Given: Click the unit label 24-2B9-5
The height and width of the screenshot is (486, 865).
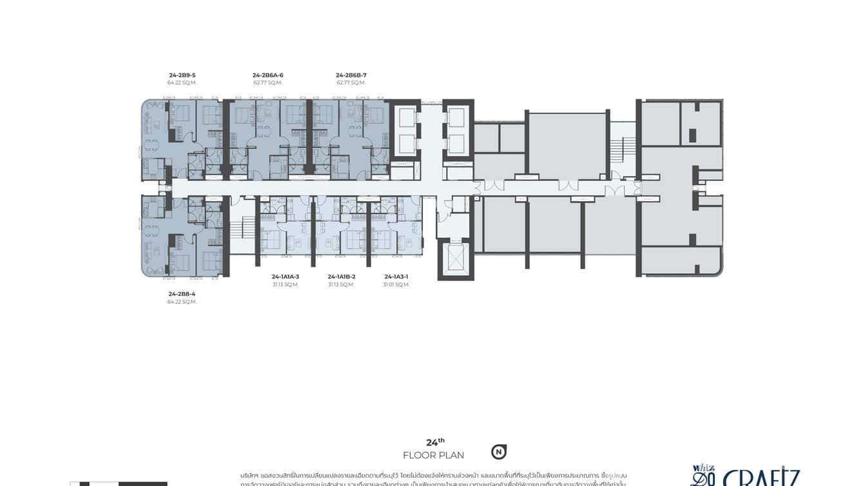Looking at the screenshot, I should click(x=182, y=75).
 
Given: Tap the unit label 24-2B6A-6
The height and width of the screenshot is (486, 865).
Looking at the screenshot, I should click(x=267, y=75).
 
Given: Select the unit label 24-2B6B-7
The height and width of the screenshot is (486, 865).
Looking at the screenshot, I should click(x=351, y=75).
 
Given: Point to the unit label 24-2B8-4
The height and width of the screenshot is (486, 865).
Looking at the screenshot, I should click(x=182, y=294).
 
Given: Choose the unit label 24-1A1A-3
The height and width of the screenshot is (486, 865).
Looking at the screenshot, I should click(x=286, y=277).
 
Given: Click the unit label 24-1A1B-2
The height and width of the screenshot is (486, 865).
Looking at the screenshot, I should click(x=341, y=277).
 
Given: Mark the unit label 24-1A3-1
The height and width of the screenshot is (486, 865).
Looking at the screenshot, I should click(x=396, y=277).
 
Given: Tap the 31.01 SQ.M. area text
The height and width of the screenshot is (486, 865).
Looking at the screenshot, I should click(x=396, y=284).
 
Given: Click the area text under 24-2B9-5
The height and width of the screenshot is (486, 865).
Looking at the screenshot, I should click(x=182, y=83).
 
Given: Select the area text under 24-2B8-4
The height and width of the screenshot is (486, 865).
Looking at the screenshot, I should click(x=182, y=302).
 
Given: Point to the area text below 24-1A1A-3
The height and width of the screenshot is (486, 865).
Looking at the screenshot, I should click(x=286, y=284).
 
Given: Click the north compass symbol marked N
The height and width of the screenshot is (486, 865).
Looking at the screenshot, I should click(x=498, y=452).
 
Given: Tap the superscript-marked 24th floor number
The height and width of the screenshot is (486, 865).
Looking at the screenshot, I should click(x=436, y=442).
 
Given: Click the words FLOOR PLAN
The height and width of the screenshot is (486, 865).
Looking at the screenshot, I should click(x=433, y=456).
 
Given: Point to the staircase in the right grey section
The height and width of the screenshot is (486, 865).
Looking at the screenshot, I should click(x=617, y=149).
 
